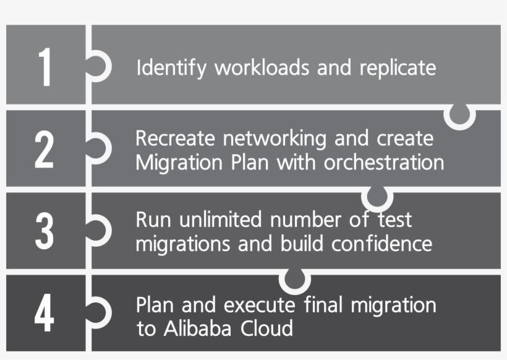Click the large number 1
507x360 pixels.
pos(45,67)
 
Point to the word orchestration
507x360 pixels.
pos(384,163)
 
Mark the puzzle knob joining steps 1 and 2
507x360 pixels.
pos(460,114)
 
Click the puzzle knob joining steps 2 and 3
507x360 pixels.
pos(377,197)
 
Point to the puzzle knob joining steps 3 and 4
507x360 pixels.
pos(294,280)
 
